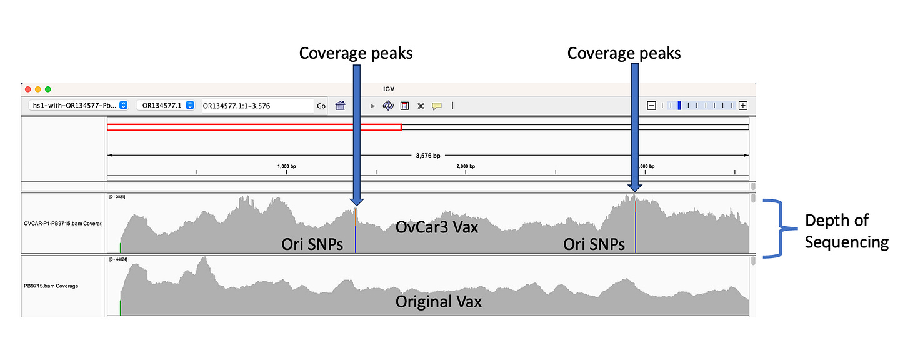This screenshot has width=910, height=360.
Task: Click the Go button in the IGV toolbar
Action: click(321, 106)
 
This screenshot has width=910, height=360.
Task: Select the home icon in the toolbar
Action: click(340, 106)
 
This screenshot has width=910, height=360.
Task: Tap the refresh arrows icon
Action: click(388, 106)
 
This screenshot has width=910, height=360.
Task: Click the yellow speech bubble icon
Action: click(437, 106)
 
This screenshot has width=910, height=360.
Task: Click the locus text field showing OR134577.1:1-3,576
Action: click(257, 106)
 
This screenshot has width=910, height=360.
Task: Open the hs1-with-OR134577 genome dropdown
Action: click(79, 106)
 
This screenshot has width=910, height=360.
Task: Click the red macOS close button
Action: click(27, 89)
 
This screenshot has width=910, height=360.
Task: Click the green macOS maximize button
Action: click(48, 89)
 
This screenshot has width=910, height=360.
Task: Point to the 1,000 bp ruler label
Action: click(286, 166)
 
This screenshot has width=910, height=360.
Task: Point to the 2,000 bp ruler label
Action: click(466, 166)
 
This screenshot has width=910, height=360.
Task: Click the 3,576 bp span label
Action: click(428, 156)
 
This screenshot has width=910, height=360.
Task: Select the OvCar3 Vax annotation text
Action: click(437, 227)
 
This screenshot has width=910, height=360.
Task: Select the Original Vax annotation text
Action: click(439, 302)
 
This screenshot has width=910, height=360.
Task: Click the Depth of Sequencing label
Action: click(846, 231)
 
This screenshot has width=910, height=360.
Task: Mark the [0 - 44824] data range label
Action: click(119, 259)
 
